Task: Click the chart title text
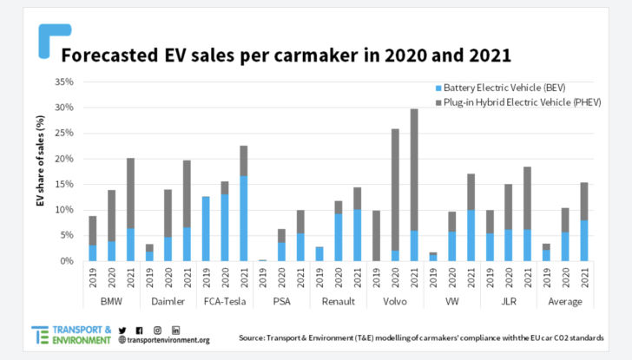point(287,56)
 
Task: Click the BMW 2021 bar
point(131,209)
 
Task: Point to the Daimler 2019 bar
point(149,252)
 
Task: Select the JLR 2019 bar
point(489,235)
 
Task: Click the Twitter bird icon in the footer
point(122,330)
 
